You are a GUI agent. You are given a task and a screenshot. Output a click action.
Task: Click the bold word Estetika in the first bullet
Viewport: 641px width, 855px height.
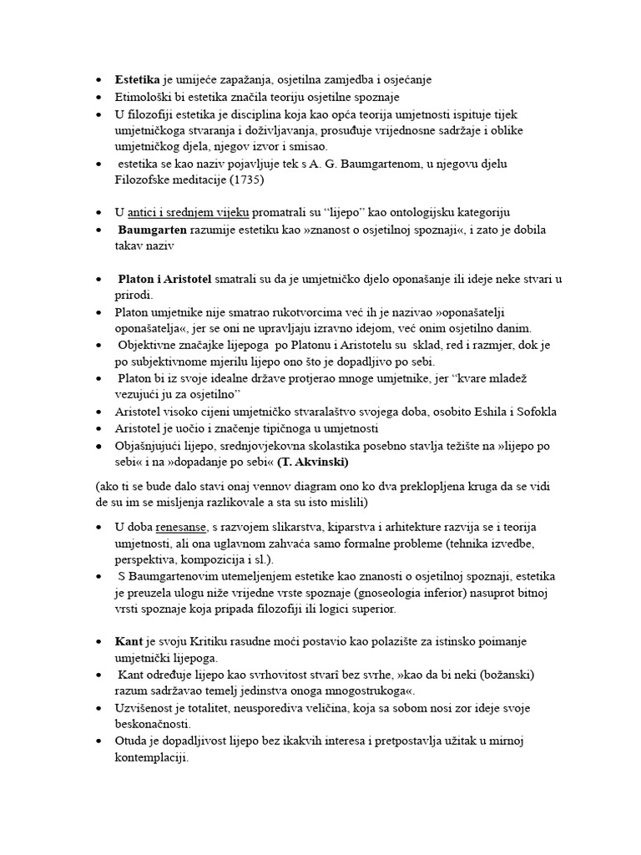pos(139,80)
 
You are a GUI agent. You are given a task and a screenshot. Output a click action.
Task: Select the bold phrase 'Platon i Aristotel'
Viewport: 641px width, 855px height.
pos(165,278)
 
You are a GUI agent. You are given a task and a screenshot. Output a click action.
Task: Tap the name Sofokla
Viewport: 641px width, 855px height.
pos(533,412)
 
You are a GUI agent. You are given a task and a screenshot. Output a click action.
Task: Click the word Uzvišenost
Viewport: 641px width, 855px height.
pos(148,707)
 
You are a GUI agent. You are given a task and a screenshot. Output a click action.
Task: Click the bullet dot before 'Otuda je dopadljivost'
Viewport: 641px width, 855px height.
pos(98,741)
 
